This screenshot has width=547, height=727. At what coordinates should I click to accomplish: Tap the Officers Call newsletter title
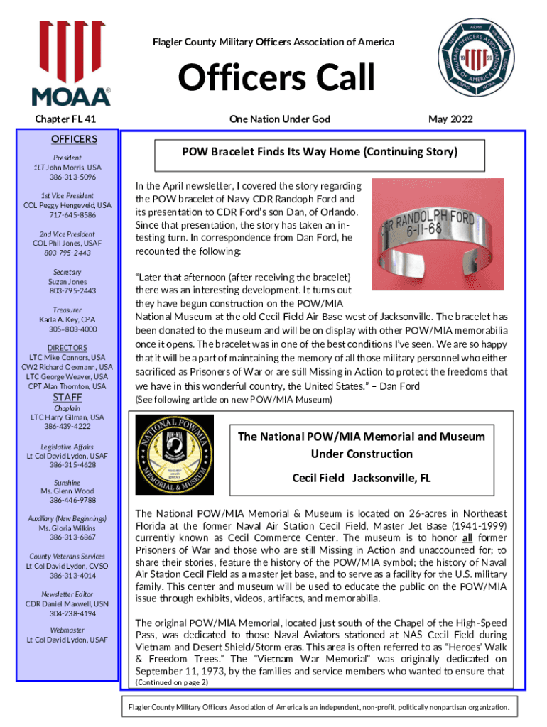point(276,78)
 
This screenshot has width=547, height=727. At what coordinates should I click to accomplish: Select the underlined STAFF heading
point(69,398)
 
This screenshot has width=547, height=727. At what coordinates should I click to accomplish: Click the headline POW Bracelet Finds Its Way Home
point(320,152)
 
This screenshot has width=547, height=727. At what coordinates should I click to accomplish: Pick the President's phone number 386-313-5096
point(72,177)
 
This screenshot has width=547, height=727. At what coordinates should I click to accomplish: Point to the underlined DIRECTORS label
point(67,348)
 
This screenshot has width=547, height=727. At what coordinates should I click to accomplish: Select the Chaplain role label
point(67,408)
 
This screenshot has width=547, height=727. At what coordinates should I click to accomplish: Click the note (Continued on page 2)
point(171,682)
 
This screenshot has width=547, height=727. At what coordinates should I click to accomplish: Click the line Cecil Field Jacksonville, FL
point(362,478)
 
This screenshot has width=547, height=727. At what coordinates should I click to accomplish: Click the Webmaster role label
point(67,630)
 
